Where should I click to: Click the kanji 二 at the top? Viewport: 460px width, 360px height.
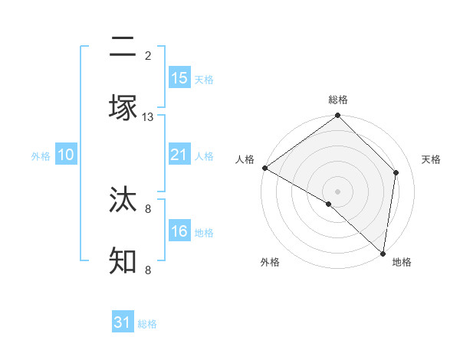tap(123, 49)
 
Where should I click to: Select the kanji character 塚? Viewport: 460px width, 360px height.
tap(123, 107)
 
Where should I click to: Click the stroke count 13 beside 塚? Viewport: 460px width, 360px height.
tap(148, 117)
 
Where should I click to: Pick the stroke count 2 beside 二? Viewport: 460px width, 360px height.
tap(148, 56)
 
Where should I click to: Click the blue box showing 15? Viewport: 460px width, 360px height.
tap(179, 78)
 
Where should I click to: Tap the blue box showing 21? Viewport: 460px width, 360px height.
tap(179, 155)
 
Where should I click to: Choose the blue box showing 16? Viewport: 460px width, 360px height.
tap(179, 231)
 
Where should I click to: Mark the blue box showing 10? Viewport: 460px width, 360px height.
tap(66, 155)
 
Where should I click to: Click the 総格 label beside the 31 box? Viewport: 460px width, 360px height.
tap(148, 324)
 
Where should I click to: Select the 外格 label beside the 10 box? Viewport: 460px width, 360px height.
tap(41, 156)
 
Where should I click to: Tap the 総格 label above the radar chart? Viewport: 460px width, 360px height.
tap(338, 100)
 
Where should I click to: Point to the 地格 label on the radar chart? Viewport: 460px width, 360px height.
tap(402, 262)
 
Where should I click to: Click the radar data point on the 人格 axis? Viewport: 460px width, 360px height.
tap(264, 168)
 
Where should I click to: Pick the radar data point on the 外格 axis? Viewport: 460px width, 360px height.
tap(329, 204)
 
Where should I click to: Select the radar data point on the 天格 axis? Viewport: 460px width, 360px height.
tap(396, 172)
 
